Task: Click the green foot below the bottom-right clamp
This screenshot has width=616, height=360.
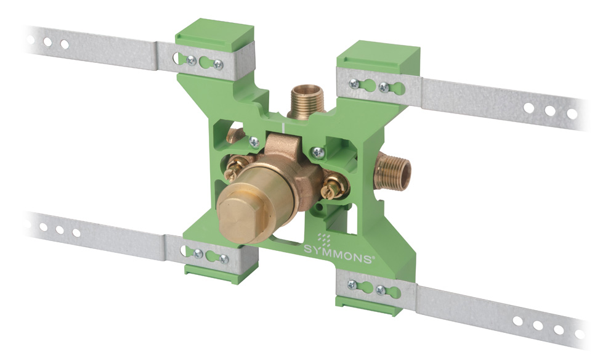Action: [x=368, y=305]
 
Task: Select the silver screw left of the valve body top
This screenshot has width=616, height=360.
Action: [x=254, y=142]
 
